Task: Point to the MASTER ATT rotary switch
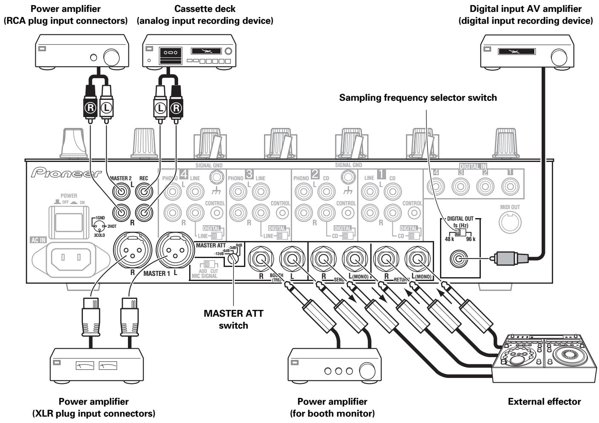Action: coord(232,258)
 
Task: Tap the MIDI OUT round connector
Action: coord(510,222)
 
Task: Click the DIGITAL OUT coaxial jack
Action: coord(461,258)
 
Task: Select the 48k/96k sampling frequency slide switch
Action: coord(458,234)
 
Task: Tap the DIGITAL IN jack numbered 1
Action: coord(509,186)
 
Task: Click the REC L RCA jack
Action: coord(144,192)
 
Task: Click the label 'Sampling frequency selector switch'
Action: coord(418,98)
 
